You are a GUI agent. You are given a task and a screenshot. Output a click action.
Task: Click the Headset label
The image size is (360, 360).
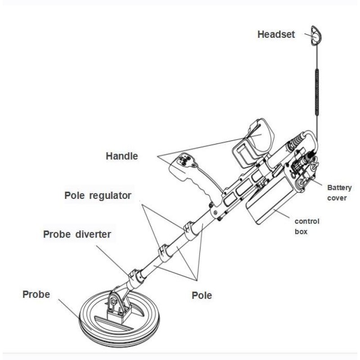click(x=276, y=35)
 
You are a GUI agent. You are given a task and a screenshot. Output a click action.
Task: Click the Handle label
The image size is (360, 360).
click(x=121, y=157)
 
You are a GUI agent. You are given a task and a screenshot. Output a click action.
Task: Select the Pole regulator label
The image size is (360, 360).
click(x=98, y=196)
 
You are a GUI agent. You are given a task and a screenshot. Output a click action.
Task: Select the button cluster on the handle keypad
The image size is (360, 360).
click(x=184, y=160)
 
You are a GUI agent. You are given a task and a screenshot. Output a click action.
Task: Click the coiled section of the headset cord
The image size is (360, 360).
click(x=318, y=92)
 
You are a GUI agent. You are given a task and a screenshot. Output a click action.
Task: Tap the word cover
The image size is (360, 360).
click(x=339, y=198)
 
